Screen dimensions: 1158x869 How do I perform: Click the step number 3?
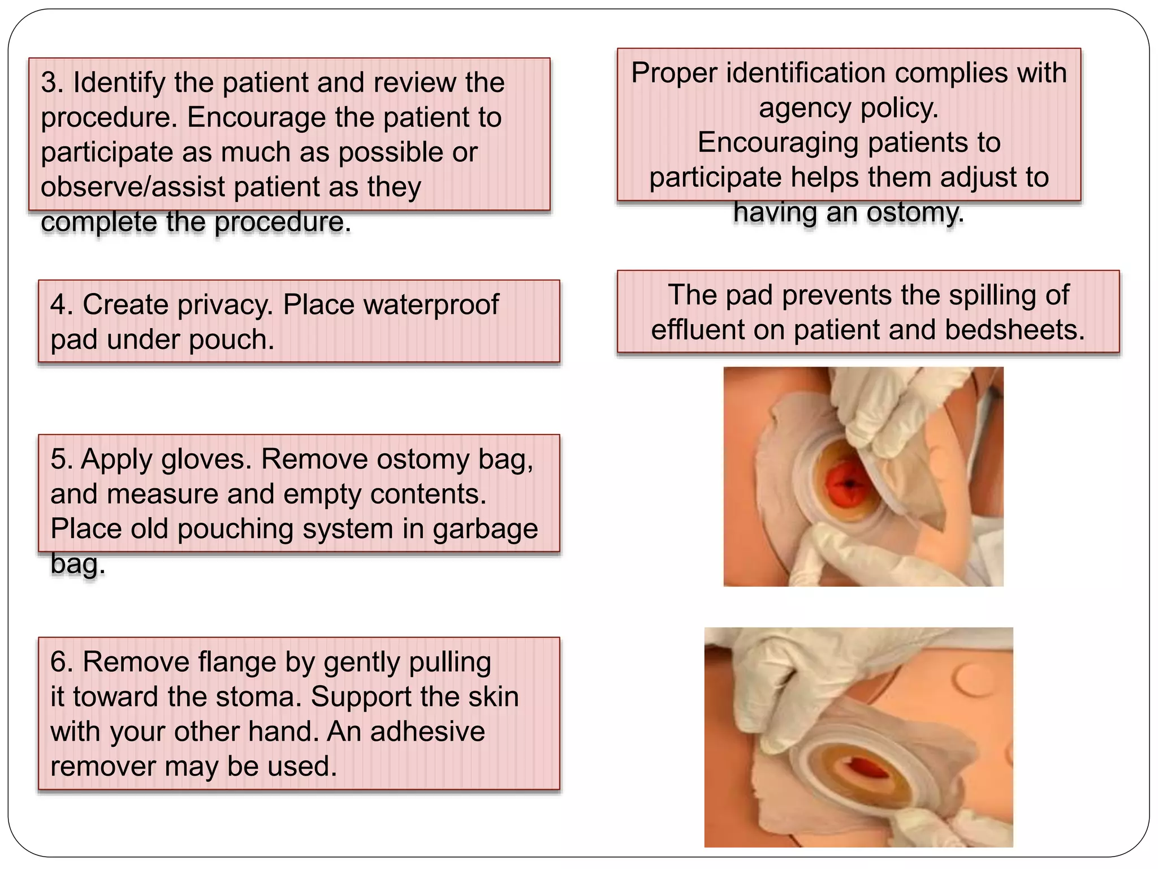(x=52, y=83)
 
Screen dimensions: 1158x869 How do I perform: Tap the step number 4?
(x=61, y=305)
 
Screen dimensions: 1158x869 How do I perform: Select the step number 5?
(x=61, y=459)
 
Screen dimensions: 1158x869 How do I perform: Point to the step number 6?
(x=61, y=662)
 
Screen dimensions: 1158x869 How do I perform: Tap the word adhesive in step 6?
(x=428, y=732)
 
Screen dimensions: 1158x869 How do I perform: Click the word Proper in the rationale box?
(x=675, y=74)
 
